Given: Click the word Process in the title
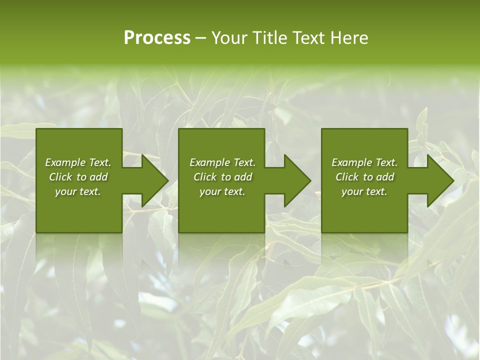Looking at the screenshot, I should [x=157, y=38].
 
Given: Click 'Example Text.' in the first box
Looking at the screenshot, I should [x=78, y=162].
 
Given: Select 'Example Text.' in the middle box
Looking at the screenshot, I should [x=222, y=162].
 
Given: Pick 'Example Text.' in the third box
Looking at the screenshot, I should [x=364, y=162].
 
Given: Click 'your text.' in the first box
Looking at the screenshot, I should [x=78, y=191].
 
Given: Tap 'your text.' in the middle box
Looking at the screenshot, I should [x=222, y=191].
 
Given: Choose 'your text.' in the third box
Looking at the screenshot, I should [x=364, y=191].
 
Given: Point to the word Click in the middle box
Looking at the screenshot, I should [x=205, y=177].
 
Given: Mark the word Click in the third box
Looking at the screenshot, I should [x=347, y=177].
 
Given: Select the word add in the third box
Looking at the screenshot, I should [x=385, y=177].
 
